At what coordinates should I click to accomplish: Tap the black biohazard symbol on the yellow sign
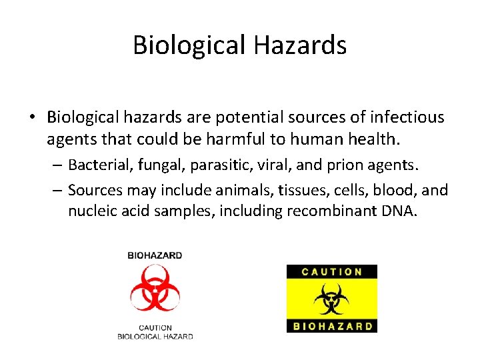(331, 299)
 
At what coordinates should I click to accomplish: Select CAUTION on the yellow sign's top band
(331, 271)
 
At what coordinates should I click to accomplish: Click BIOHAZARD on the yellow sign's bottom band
(331, 326)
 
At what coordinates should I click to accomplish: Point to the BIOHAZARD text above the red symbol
(155, 255)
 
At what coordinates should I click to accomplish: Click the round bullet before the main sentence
(32, 118)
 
